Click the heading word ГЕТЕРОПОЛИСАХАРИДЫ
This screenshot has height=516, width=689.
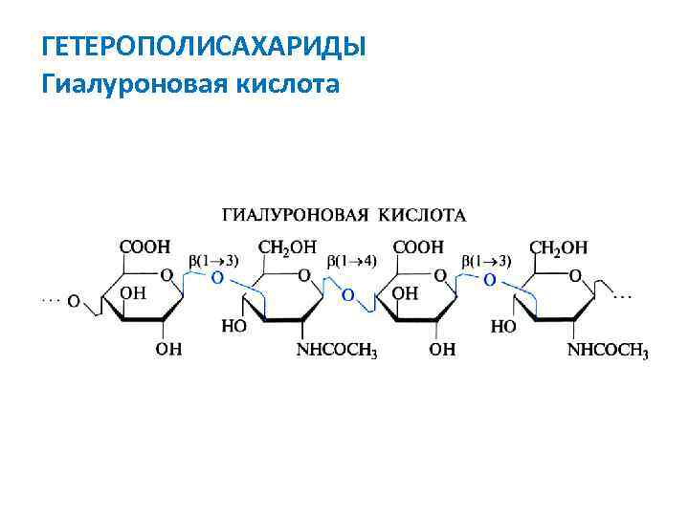pos(205,46)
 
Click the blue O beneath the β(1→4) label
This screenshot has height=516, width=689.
pos(347,294)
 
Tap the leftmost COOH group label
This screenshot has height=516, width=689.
pos(144,246)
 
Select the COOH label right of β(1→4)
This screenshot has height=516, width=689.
pos(418,246)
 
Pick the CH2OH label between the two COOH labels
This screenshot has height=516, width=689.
pos(287,247)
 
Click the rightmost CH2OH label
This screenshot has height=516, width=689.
pos(560,247)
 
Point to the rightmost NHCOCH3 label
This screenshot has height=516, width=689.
pos(609,352)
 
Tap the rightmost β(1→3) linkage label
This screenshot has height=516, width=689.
pos(487,260)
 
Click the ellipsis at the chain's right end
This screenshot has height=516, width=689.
pos(622,297)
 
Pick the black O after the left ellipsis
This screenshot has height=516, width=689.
pos(73,300)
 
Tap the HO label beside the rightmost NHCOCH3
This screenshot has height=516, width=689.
pos(503,326)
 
